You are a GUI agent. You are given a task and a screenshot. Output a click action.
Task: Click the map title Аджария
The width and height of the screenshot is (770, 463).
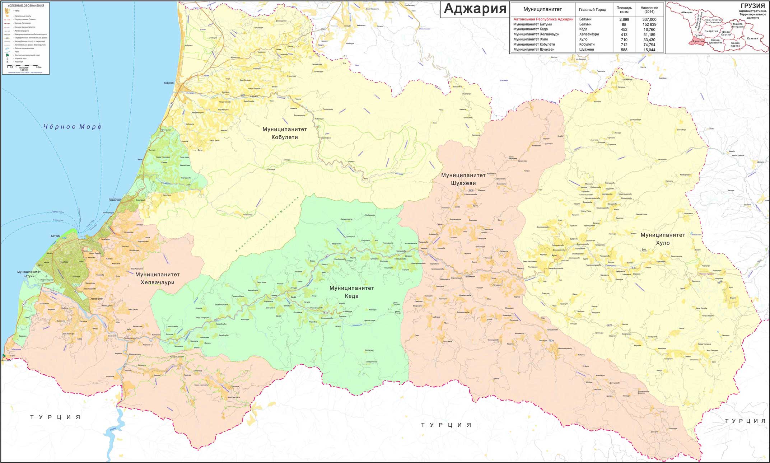(475, 9)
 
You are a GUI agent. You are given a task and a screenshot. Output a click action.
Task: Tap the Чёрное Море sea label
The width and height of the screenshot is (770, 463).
(72, 126)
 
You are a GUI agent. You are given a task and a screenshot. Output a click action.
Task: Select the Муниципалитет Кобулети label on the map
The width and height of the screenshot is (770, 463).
(285, 133)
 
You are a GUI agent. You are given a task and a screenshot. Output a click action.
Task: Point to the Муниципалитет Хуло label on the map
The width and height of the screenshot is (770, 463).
(663, 239)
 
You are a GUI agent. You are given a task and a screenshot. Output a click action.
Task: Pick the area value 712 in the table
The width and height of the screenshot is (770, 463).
(624, 45)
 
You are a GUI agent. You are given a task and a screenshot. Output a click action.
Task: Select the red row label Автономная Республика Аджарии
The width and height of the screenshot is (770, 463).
(543, 19)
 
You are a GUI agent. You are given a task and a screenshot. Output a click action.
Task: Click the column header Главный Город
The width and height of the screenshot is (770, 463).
(592, 10)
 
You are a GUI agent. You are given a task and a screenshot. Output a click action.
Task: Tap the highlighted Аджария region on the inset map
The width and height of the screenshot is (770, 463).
(698, 41)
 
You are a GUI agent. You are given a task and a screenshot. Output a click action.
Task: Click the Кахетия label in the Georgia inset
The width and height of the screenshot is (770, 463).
(752, 38)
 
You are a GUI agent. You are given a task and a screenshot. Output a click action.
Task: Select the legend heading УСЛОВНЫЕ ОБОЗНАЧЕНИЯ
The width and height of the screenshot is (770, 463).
(26, 6)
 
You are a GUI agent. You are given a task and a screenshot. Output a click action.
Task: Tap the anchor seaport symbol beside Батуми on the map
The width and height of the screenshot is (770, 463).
(85, 237)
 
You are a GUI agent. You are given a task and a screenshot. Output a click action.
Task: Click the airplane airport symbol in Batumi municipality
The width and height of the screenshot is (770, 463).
(46, 277)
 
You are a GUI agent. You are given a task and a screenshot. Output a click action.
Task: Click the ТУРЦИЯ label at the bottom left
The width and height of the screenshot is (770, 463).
(55, 417)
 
